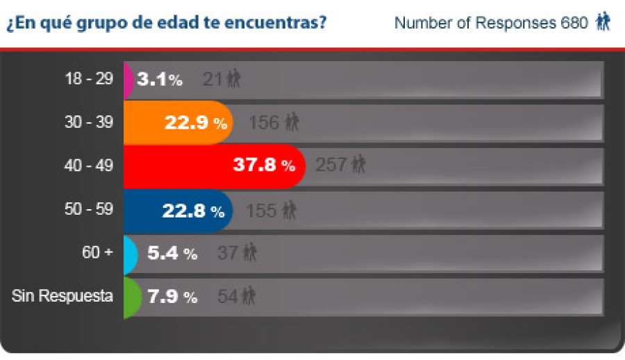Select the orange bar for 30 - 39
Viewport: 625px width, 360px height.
[142, 122]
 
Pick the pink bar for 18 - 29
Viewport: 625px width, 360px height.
[128, 79]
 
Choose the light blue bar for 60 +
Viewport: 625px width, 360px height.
[130, 254]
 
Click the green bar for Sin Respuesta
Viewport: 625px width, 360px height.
[131, 297]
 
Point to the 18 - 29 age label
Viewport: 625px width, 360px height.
[89, 79]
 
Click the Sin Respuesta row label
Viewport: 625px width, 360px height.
[62, 296]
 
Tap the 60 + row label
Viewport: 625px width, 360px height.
[97, 253]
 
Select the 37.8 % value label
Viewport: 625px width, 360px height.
[262, 166]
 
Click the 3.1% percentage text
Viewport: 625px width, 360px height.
[159, 79]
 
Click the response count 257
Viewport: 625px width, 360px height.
[331, 165]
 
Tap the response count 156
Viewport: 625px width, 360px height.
[264, 122]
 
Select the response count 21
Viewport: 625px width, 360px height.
[212, 79]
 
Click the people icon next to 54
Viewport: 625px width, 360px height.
[249, 297]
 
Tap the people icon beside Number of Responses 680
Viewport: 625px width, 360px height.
[603, 23]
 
